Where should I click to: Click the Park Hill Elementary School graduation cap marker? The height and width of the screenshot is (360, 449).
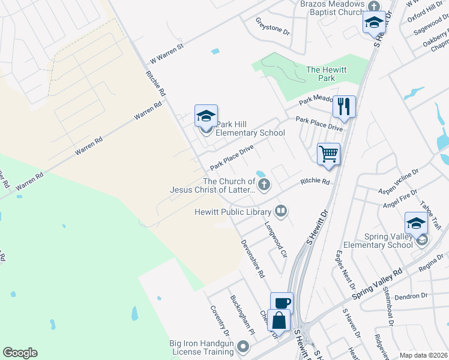click(206, 116)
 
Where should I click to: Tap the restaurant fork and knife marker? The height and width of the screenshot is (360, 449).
click(344, 107)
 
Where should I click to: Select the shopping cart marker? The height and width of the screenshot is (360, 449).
click(328, 154)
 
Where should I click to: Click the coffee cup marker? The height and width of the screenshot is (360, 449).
click(282, 302)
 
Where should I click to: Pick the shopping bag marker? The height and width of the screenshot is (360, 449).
click(279, 320)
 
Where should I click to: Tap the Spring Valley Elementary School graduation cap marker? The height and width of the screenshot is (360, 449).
click(416, 223)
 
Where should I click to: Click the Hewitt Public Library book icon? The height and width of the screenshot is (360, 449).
click(280, 211)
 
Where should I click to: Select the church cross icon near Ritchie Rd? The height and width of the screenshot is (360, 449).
click(264, 184)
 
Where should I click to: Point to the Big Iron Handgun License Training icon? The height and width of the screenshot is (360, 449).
click(243, 346)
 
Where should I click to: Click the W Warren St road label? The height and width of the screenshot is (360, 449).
click(166, 53)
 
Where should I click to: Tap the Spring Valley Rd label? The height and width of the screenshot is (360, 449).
click(377, 284)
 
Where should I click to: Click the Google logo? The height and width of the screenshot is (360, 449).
click(20, 353)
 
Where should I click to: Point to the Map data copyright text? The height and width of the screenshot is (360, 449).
click(424, 355)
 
